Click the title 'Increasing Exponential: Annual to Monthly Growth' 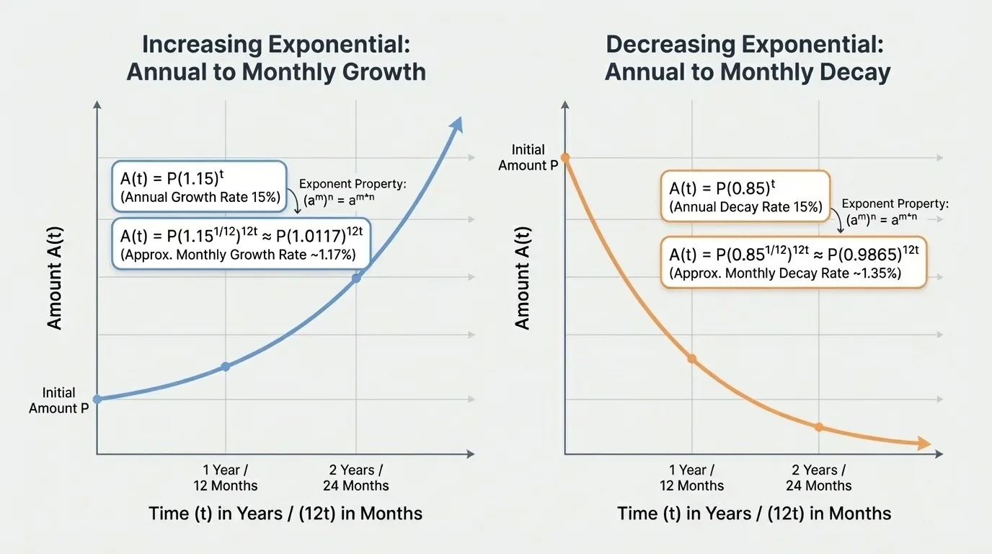pyautogui.click(x=276, y=58)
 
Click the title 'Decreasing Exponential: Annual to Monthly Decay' pyautogui.click(x=748, y=58)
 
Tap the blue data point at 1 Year pyautogui.click(x=226, y=366)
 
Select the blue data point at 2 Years pyautogui.click(x=356, y=278)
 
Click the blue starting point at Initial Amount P pyautogui.click(x=97, y=399)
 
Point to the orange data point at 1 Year pyautogui.click(x=692, y=359)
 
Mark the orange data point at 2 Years pyautogui.click(x=819, y=427)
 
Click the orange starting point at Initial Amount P pyautogui.click(x=565, y=157)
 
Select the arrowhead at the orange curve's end pyautogui.click(x=923, y=444)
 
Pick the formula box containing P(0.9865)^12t pyautogui.click(x=793, y=263)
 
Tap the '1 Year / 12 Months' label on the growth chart pyautogui.click(x=226, y=478)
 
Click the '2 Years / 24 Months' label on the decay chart pyautogui.click(x=819, y=478)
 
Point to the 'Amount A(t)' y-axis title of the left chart pyautogui.click(x=55, y=278)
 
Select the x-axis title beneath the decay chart pyautogui.click(x=754, y=514)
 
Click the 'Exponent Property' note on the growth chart pyautogui.click(x=353, y=192)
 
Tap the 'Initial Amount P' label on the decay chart pyautogui.click(x=528, y=157)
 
